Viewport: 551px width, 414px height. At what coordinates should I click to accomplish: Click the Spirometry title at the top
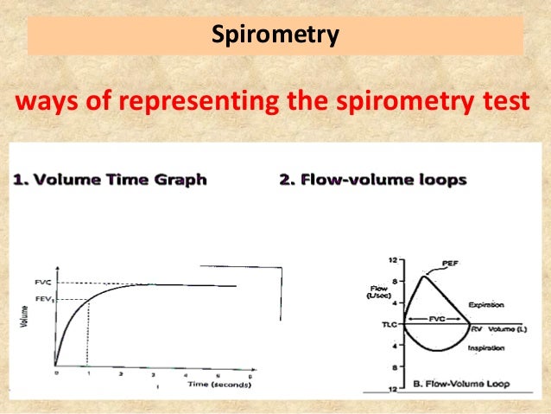275,36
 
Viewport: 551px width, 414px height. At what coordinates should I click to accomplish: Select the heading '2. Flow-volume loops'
373,180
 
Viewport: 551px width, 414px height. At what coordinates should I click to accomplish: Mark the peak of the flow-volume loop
422,276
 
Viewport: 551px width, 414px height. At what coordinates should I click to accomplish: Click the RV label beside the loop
477,329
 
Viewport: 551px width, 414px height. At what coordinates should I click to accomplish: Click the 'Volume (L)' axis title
506,329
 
